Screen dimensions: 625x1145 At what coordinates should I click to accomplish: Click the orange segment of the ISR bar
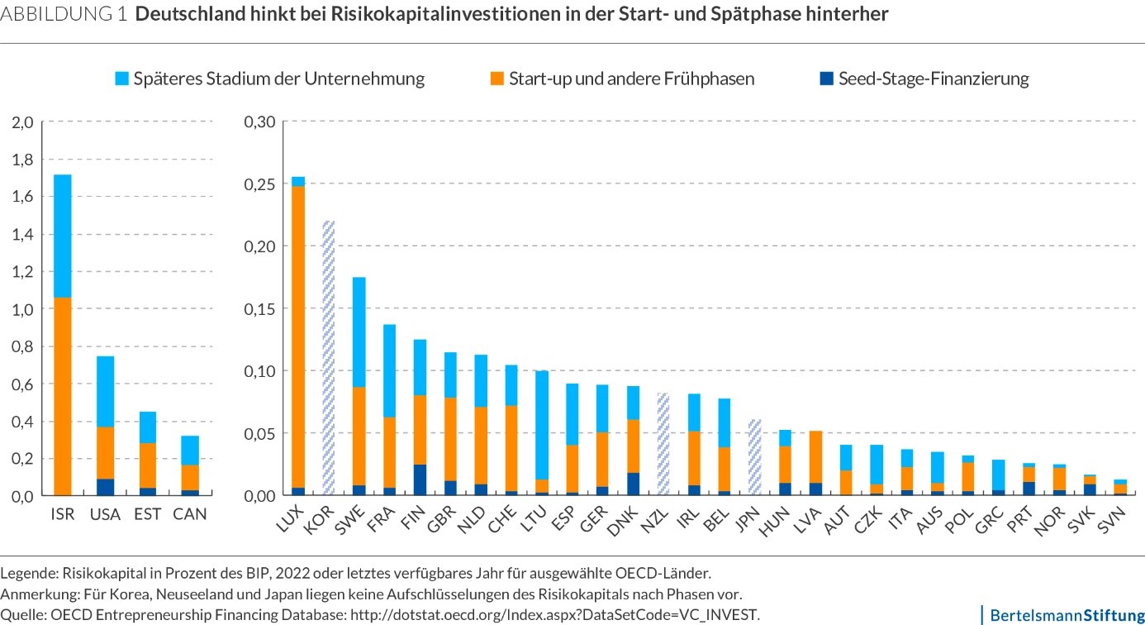63,397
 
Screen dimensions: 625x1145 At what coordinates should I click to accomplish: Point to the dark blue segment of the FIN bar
420,480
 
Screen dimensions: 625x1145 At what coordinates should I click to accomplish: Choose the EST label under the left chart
149,514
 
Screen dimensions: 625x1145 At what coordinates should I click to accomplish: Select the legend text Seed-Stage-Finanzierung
934,79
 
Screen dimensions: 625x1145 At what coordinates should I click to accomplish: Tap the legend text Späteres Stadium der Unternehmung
281,79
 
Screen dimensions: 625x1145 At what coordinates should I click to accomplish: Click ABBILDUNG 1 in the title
64,16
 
